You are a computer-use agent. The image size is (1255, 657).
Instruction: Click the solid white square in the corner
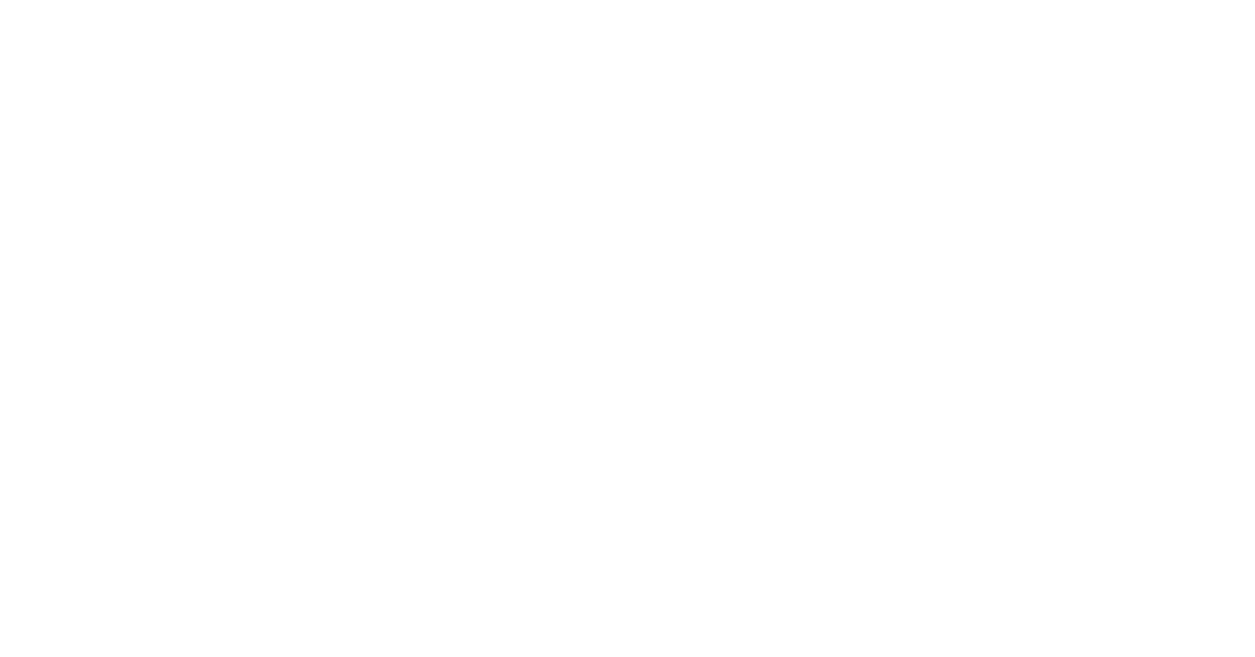(1191, 610)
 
